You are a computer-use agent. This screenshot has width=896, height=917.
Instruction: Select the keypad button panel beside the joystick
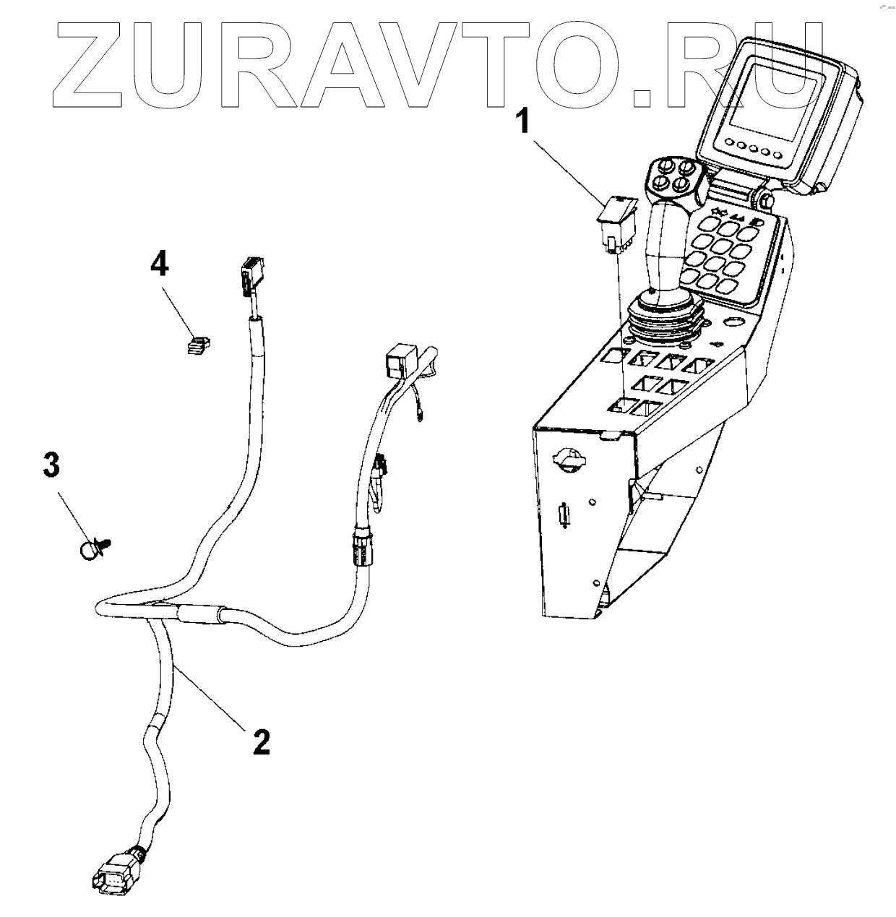[723, 253]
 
